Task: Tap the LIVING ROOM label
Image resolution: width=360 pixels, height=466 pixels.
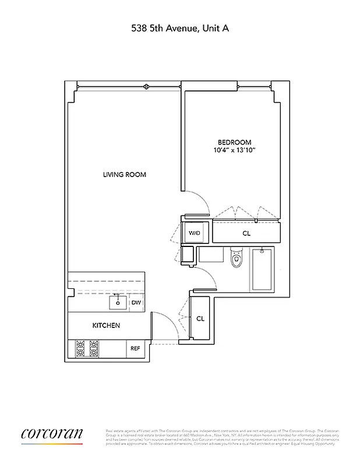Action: pyautogui.click(x=124, y=175)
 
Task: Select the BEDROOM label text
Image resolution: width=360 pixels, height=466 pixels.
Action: pyautogui.click(x=234, y=143)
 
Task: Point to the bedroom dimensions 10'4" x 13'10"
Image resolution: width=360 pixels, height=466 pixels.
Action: pyautogui.click(x=234, y=151)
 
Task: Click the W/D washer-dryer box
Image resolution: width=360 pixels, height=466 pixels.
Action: pyautogui.click(x=193, y=234)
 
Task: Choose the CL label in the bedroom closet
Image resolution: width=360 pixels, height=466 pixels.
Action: pyautogui.click(x=246, y=233)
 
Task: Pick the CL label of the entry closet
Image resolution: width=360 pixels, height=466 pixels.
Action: pyautogui.click(x=200, y=319)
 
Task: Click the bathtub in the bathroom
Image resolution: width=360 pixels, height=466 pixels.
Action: pyautogui.click(x=262, y=269)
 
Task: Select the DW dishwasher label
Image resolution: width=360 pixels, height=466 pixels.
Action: pyautogui.click(x=135, y=302)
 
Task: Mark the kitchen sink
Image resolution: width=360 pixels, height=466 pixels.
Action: pyautogui.click(x=117, y=302)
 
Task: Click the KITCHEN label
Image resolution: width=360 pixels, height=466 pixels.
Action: pyautogui.click(x=106, y=325)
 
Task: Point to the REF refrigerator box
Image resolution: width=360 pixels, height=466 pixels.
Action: pyautogui.click(x=135, y=348)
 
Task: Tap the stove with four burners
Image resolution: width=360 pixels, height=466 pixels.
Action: pyautogui.click(x=87, y=348)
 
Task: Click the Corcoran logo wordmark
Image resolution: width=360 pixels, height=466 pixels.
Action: pyautogui.click(x=52, y=434)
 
